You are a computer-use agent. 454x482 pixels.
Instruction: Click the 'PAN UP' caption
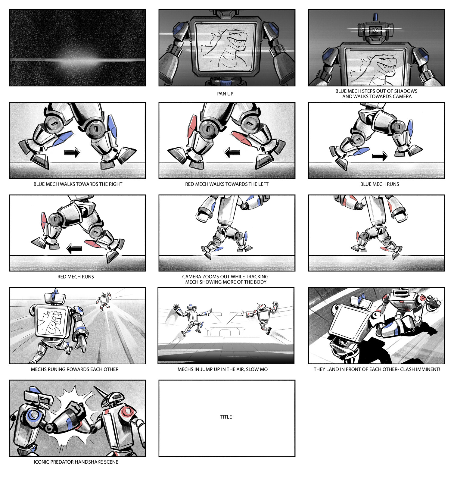(x=225, y=94)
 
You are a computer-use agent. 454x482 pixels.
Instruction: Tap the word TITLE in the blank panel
(x=226, y=417)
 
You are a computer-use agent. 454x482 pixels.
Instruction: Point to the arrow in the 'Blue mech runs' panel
(x=379, y=156)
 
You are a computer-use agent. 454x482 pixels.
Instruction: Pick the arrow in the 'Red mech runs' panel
(x=74, y=249)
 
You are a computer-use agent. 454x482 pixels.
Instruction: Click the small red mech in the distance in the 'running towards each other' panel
(x=104, y=300)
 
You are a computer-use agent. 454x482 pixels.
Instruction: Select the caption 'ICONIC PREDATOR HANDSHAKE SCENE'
(x=76, y=462)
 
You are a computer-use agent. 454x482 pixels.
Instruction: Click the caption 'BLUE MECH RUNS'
(x=379, y=184)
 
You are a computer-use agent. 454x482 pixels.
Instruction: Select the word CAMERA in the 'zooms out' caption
(x=192, y=277)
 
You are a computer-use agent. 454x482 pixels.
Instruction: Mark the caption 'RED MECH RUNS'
(x=76, y=277)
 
